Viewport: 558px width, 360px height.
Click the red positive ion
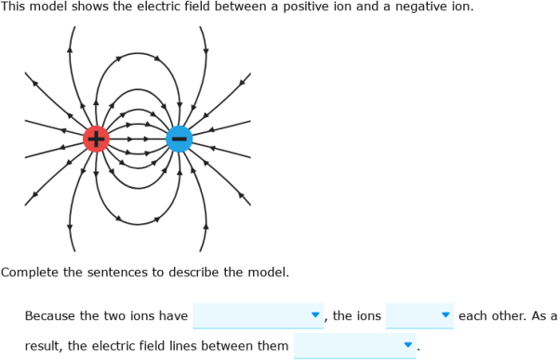coord(96,140)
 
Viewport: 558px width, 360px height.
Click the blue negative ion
coord(179,140)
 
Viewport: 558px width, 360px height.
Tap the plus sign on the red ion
coord(96,140)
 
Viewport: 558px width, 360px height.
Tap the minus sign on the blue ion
coord(179,140)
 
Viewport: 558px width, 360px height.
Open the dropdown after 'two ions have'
coord(258,315)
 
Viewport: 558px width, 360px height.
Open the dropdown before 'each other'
coord(419,315)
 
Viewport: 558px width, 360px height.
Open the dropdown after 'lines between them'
coord(354,347)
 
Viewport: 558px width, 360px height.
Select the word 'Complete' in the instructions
coord(29,273)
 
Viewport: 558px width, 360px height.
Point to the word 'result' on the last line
coord(44,347)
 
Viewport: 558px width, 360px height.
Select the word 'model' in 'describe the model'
coord(268,273)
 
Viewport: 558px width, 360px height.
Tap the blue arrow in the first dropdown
coord(315,315)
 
